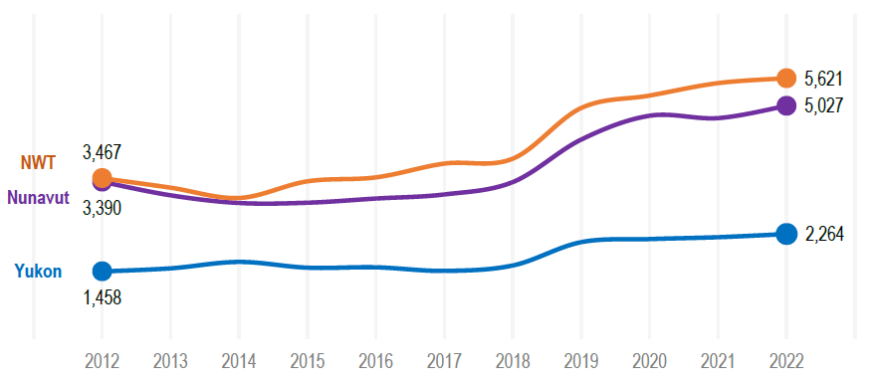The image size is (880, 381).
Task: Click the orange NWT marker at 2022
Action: (785, 79)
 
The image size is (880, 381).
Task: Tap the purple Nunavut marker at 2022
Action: (785, 104)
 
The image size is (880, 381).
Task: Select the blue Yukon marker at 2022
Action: (785, 234)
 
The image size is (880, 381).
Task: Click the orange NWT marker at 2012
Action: (102, 179)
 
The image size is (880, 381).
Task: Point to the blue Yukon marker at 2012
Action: (102, 271)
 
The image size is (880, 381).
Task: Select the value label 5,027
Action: (823, 105)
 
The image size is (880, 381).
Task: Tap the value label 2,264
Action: (823, 235)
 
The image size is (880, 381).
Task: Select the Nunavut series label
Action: (38, 197)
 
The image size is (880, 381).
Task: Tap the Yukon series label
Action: (38, 271)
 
